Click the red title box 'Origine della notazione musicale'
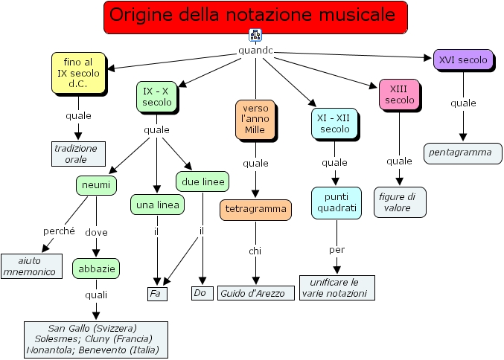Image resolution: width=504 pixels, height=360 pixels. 256,17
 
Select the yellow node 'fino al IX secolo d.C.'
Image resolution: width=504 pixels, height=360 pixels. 78,73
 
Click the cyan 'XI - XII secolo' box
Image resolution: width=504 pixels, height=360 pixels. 334,123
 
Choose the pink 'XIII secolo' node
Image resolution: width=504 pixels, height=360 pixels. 400,94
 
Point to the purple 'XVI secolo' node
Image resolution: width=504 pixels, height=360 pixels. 463,60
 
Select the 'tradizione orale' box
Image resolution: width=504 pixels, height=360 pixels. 76,153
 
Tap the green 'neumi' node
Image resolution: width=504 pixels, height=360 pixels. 95,184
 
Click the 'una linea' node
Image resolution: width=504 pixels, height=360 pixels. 157,205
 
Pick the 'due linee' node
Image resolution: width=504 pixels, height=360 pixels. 202,181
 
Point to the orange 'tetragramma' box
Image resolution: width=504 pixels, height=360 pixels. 255,209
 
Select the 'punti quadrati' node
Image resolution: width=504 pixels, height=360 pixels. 336,202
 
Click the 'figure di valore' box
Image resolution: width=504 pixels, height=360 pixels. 399,202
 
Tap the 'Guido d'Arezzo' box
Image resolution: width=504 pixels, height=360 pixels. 252,293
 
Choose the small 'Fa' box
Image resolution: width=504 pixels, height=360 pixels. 156,293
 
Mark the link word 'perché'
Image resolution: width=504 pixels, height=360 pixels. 59,231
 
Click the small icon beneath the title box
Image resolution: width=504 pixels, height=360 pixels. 255,36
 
